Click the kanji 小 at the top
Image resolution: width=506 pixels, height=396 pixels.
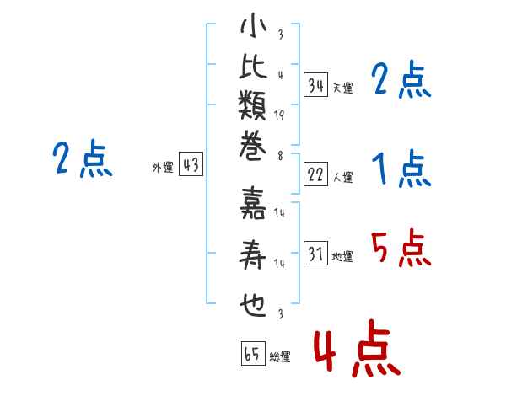tap(253, 25)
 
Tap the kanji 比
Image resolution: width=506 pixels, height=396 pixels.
tap(253, 67)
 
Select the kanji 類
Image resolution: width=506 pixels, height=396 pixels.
tap(253, 105)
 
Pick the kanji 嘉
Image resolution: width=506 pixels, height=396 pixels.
tap(253, 203)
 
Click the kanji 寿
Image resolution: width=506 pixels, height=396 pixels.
tap(253, 254)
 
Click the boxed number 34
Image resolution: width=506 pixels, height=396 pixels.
tap(315, 85)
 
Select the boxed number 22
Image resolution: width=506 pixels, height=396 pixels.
tap(315, 174)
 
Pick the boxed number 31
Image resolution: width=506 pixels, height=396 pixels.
tap(315, 253)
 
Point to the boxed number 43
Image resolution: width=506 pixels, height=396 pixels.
tap(191, 163)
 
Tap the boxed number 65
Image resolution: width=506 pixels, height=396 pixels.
tap(253, 353)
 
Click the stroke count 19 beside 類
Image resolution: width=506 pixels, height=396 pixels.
tap(279, 115)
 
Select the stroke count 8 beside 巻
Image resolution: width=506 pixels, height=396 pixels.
tap(281, 156)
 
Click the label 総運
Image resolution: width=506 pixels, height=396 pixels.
tap(280, 357)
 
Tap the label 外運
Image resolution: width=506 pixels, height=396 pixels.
tap(163, 168)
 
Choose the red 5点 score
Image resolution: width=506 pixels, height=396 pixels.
tap(401, 248)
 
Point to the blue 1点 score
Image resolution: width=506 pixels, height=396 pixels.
tap(401, 169)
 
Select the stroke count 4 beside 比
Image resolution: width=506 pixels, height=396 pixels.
tap(281, 75)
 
